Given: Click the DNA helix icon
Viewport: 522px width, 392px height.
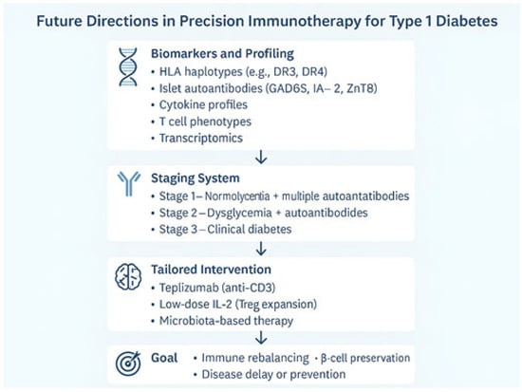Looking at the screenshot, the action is click(128, 67).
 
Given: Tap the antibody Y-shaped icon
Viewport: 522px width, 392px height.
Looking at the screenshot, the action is click(129, 184).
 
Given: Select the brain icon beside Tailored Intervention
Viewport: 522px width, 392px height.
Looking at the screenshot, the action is click(128, 277).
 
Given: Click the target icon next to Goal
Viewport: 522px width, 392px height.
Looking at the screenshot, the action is click(128, 364).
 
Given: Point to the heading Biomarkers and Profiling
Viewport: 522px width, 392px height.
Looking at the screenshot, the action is click(222, 53).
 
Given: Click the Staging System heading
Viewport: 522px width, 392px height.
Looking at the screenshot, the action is click(196, 178).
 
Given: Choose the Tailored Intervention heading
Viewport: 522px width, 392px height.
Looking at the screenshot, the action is click(211, 270).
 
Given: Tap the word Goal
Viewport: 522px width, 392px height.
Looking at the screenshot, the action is click(164, 358).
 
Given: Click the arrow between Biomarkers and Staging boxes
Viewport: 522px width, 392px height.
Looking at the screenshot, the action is click(261, 157).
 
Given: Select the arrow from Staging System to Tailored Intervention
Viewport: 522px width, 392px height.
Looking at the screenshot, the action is click(261, 249).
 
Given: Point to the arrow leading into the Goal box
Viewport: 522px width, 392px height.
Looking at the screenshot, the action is click(261, 337).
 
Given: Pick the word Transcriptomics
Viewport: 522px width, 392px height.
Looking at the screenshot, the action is click(201, 138).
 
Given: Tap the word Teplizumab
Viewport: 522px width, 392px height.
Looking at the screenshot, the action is click(189, 288).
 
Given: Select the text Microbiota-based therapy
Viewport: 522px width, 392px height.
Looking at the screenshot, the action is click(226, 321).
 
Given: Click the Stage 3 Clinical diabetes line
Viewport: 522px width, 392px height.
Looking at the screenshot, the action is click(225, 229).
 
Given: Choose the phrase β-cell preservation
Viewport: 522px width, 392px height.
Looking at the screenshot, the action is click(365, 358).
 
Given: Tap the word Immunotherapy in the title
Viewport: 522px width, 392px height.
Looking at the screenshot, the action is click(305, 21).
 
